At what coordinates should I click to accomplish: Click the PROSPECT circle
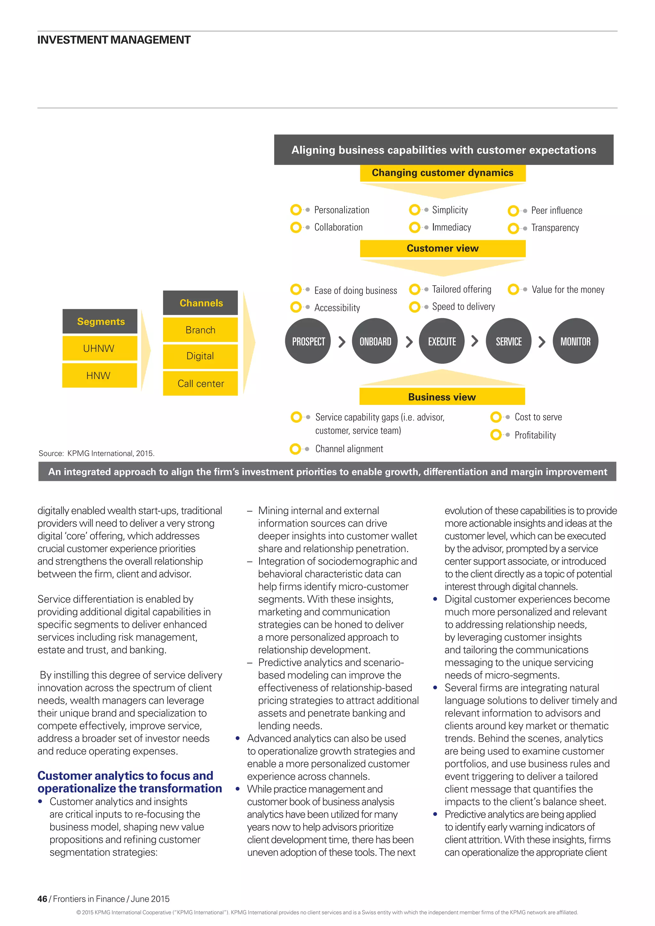point(308,341)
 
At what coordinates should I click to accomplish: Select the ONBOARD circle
point(375,341)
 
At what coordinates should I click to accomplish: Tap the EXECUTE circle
point(442,341)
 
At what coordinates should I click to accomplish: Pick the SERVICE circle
point(509,341)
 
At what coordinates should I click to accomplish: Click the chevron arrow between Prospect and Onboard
point(342,341)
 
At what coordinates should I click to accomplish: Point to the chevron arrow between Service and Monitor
point(542,341)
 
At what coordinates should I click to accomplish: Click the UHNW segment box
point(99,349)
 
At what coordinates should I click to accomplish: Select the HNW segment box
point(99,375)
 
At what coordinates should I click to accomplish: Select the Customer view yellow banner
point(442,248)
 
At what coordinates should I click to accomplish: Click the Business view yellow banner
point(442,397)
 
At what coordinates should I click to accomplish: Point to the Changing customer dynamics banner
point(442,173)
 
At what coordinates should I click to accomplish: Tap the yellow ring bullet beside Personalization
point(296,210)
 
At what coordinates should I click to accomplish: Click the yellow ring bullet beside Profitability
point(496,435)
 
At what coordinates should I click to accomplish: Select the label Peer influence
point(556,210)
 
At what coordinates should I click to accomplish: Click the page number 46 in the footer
point(42,899)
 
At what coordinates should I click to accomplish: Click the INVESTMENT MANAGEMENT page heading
point(114,40)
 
